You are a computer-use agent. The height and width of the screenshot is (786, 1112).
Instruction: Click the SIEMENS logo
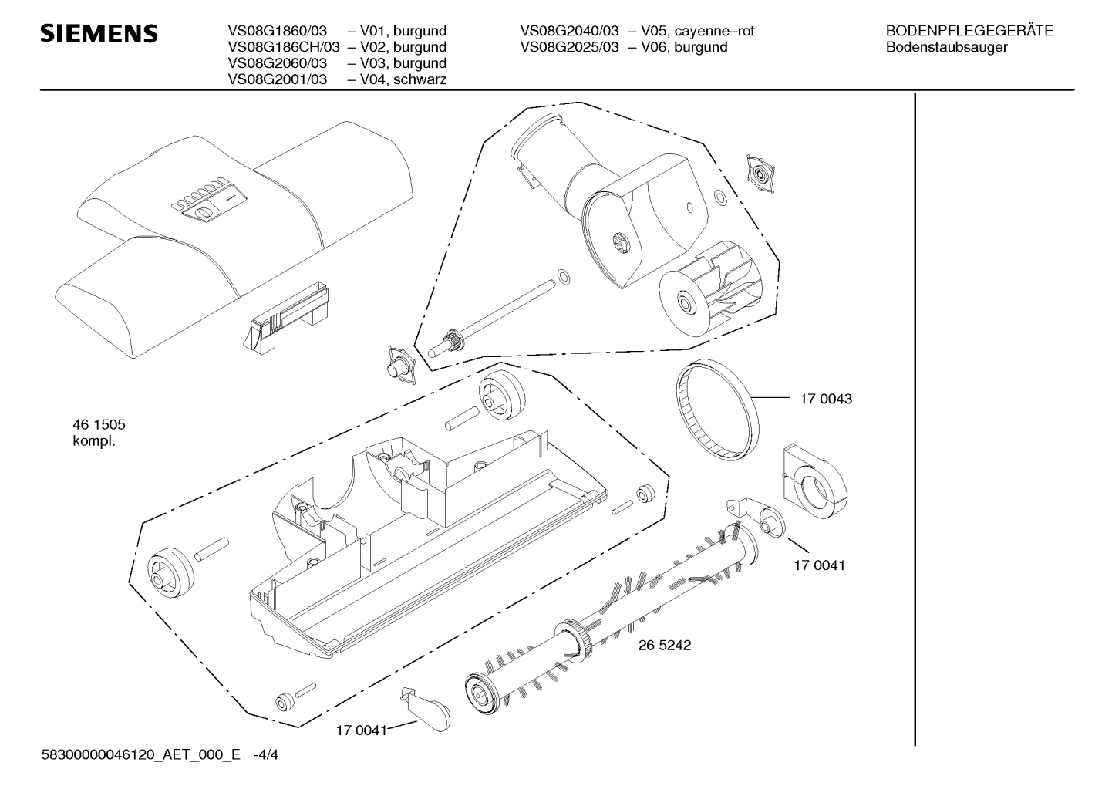[x=99, y=33]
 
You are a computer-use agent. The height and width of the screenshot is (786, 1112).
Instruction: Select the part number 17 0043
[x=826, y=399]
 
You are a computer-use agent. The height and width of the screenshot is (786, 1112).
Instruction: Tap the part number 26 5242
[x=664, y=645]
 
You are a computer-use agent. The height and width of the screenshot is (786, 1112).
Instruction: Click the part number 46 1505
[x=99, y=424]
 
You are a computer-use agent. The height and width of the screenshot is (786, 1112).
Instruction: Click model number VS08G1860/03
[x=278, y=31]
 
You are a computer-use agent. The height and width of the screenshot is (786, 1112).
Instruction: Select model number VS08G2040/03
[x=569, y=31]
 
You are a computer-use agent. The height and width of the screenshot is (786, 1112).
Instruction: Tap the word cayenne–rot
[x=714, y=32]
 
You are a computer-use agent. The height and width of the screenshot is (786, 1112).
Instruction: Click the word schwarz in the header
[x=420, y=79]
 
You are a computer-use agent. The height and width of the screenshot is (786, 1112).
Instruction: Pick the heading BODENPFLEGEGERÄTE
[x=969, y=31]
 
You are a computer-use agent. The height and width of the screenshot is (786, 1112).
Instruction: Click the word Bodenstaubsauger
[x=947, y=48]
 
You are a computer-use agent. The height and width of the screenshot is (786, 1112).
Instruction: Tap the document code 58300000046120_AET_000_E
[x=141, y=754]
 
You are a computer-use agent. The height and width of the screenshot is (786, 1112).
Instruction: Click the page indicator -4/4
[x=265, y=754]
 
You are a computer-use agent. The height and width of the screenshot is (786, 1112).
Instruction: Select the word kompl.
[x=94, y=441]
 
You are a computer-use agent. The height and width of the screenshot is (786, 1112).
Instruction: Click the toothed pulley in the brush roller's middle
[x=575, y=642]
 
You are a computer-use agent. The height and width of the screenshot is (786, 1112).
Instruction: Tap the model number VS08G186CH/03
[x=284, y=47]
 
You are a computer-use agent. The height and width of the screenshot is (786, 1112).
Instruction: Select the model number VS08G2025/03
[x=569, y=47]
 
